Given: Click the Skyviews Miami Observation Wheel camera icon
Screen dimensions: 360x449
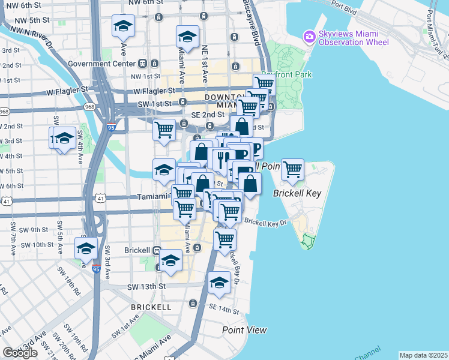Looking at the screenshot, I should click(x=310, y=37).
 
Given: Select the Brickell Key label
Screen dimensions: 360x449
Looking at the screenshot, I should click(x=297, y=194).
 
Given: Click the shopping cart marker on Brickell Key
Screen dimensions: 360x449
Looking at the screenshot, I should click(x=292, y=170).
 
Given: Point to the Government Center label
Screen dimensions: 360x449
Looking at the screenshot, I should click(x=102, y=63).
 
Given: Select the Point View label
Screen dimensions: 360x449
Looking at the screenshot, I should click(x=244, y=330).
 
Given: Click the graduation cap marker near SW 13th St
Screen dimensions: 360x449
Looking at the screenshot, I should click(x=219, y=283).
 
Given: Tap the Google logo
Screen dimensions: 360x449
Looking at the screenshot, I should click(x=20, y=353).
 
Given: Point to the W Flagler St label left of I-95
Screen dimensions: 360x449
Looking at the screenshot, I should click(x=68, y=89).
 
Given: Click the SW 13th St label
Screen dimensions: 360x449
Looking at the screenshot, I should click(x=146, y=287).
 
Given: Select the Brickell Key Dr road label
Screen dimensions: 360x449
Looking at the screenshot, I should click(x=266, y=223).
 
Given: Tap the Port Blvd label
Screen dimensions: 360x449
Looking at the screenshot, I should click(x=343, y=10).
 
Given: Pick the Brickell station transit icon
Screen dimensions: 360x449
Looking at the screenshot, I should click(x=157, y=250).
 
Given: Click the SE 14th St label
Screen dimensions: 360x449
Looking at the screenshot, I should click(x=224, y=307).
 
